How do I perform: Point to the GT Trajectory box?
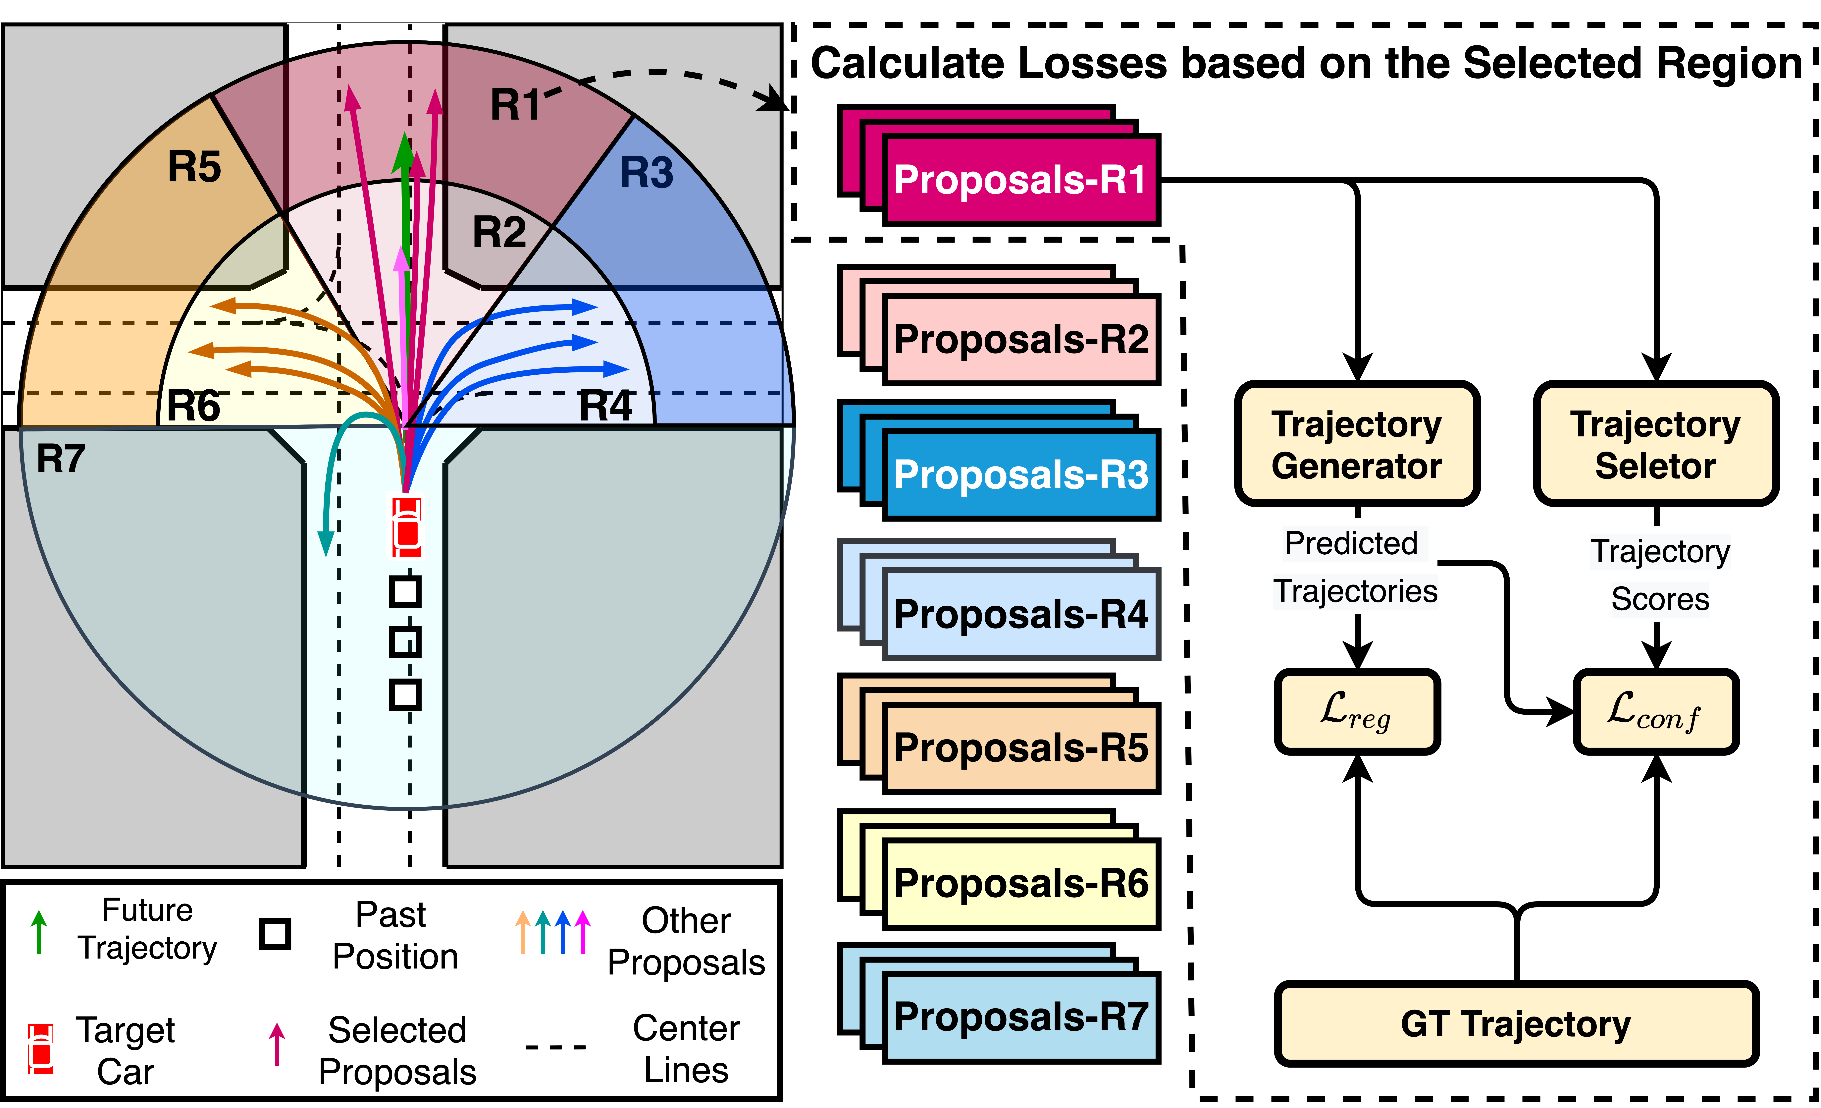pos(1517,1024)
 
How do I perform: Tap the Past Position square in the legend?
pos(275,934)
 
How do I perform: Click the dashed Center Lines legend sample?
pos(556,1047)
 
